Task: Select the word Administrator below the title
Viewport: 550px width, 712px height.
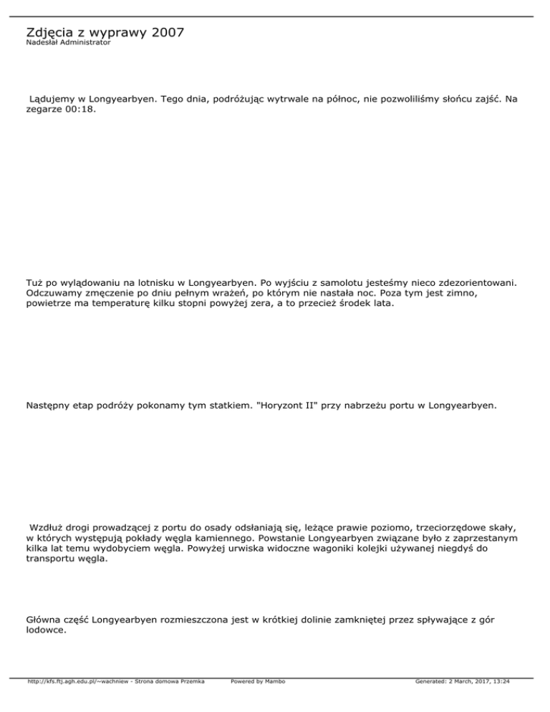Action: point(85,43)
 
